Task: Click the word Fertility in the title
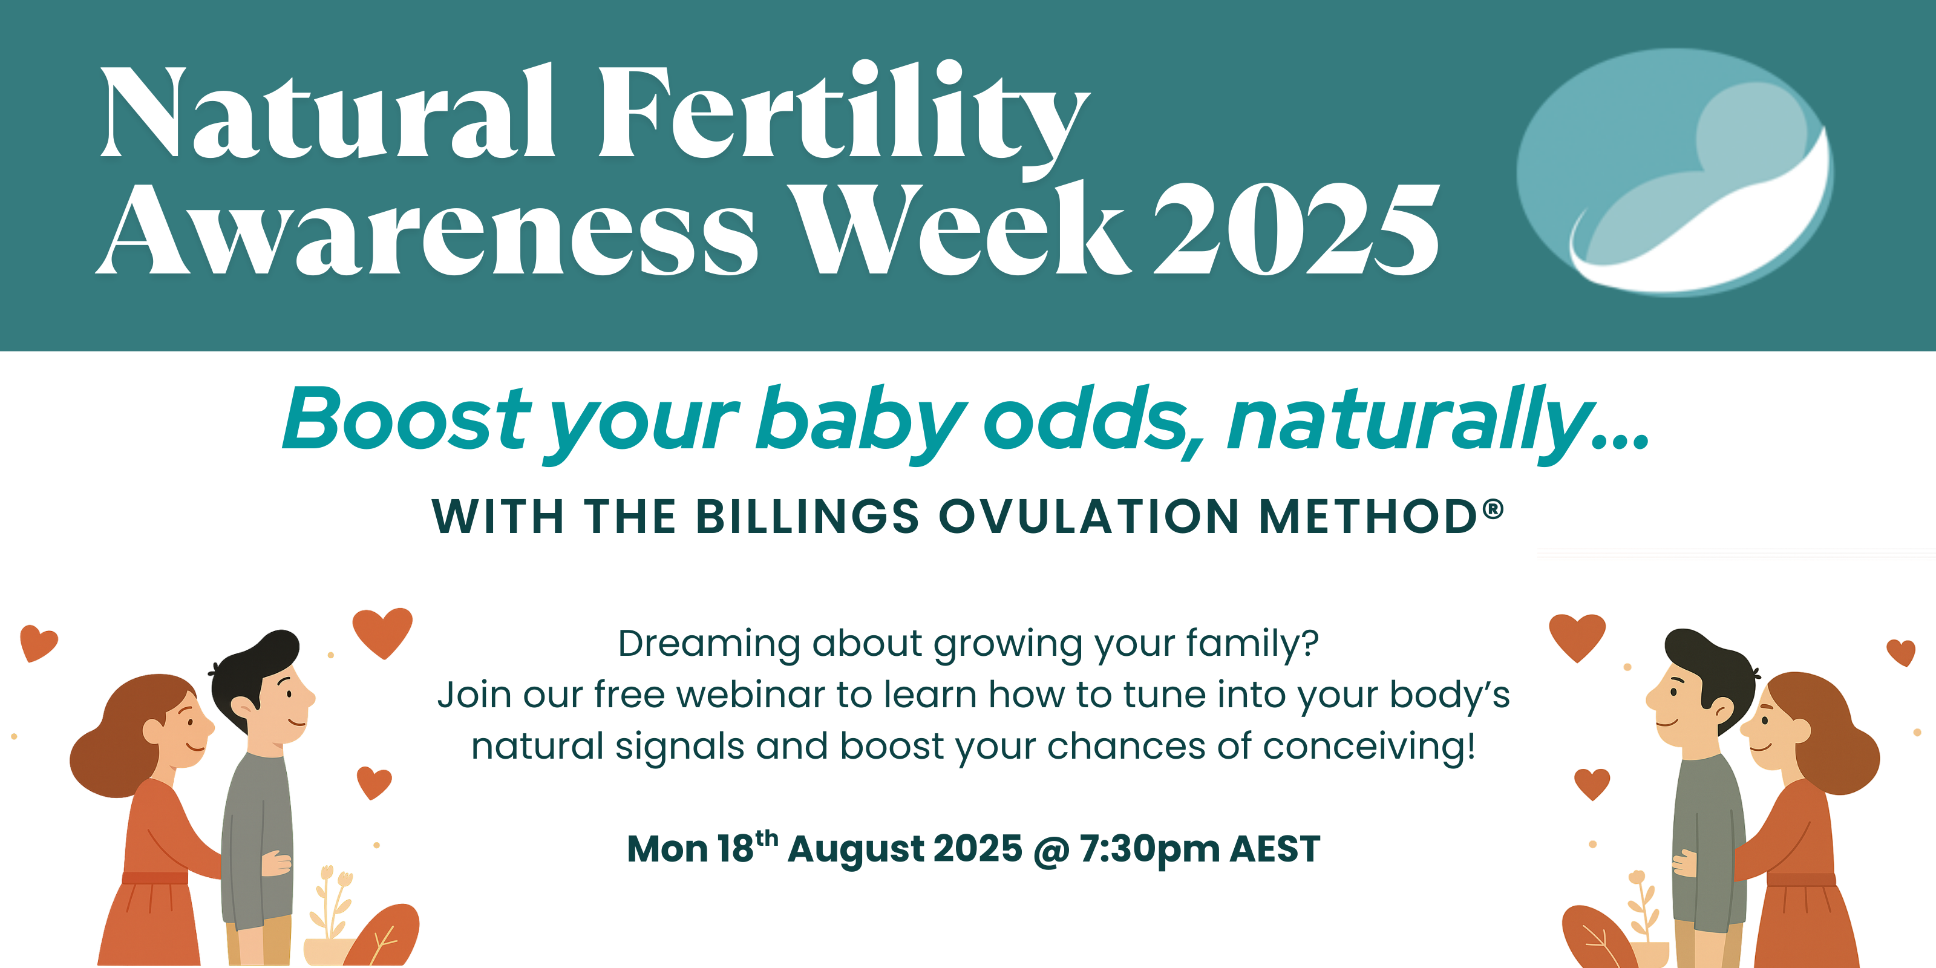843,120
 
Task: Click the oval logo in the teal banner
1675,171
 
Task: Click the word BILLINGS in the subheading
807,517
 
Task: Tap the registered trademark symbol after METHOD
1493,509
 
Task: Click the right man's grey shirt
1707,842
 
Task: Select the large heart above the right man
1577,637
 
